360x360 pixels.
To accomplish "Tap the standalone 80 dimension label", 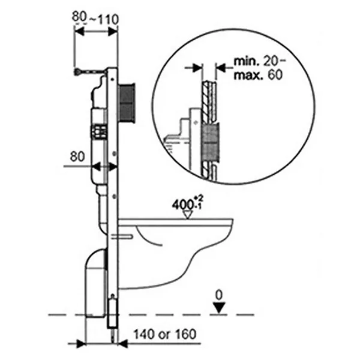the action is [77, 157].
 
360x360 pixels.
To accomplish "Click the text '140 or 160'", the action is [165, 334].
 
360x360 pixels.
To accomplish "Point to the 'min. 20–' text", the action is [259, 62].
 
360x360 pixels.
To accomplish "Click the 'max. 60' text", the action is [258, 75].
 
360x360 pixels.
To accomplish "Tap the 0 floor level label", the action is [219, 295].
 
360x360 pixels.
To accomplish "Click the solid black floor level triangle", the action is [219, 308].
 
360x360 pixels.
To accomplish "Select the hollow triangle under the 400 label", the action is [188, 214].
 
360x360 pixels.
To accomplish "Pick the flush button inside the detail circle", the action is [211, 142].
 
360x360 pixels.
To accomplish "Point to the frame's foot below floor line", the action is [113, 312].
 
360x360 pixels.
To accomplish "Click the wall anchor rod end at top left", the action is [77, 72].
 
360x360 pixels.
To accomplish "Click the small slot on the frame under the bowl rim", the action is [122, 237].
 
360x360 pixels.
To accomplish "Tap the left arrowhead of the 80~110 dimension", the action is [79, 32].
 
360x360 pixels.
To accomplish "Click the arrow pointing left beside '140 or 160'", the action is [122, 343].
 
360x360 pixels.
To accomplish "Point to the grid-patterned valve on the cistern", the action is [99, 132].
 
